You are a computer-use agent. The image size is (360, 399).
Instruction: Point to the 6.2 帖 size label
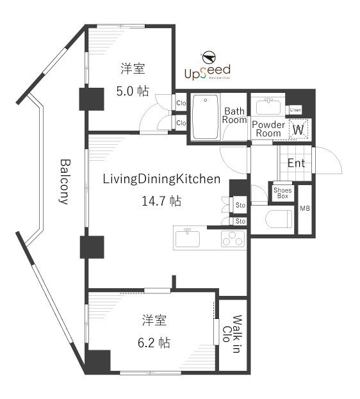pyautogui.click(x=156, y=342)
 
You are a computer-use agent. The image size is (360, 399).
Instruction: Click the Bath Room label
pyautogui.click(x=234, y=115)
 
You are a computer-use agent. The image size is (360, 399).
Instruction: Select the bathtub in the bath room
pyautogui.click(x=206, y=117)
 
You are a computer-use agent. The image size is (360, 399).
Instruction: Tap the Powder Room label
pyautogui.click(x=268, y=129)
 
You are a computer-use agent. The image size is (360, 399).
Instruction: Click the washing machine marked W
pyautogui.click(x=298, y=129)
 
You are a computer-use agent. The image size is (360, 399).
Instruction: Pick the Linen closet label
pyautogui.click(x=295, y=110)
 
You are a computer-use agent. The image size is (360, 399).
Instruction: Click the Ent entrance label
pyautogui.click(x=296, y=163)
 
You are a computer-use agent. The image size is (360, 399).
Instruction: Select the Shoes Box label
pyautogui.click(x=282, y=192)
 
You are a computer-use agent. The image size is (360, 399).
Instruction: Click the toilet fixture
pyautogui.click(x=278, y=218)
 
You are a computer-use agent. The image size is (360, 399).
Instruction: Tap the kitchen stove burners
pyautogui.click(x=233, y=240)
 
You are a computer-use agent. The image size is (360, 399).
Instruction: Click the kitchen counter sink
pyautogui.click(x=188, y=238)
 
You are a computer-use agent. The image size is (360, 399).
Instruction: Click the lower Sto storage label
pyautogui.click(x=240, y=221)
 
